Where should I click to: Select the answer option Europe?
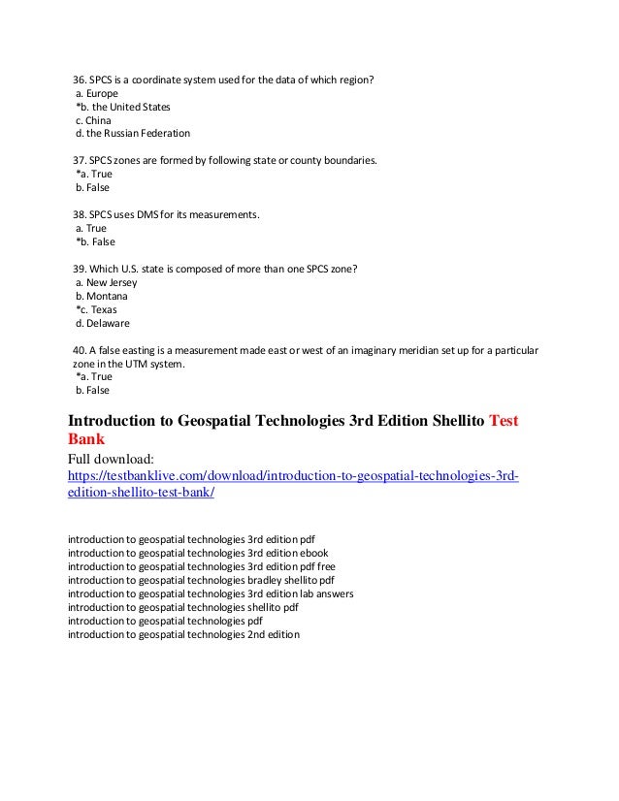point(101,93)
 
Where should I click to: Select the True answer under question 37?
point(98,174)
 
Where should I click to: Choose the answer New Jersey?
point(108,282)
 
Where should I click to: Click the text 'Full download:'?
point(111,458)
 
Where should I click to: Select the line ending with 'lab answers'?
point(211,593)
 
